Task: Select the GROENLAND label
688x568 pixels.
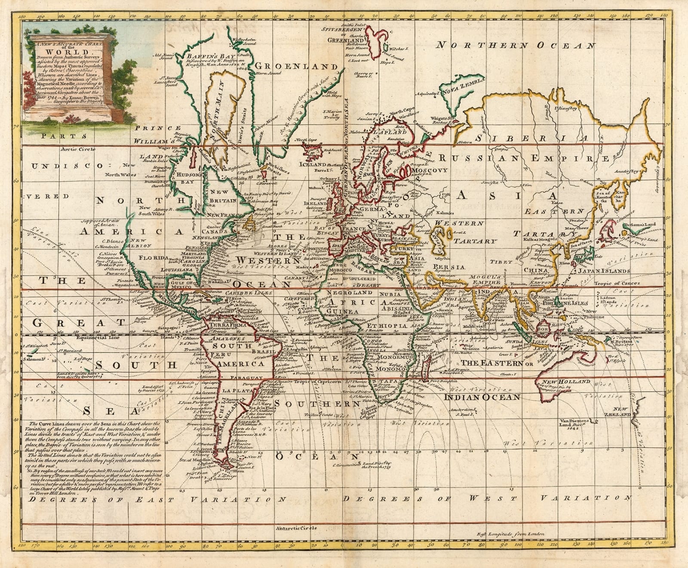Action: [297, 67]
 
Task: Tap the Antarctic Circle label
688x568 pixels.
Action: [297, 528]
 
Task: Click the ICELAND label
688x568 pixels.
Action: [312, 164]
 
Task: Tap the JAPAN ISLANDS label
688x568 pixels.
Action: [603, 271]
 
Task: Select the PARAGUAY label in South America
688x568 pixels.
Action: [246, 378]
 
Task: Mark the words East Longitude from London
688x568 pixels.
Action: [510, 534]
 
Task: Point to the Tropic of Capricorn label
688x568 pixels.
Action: [319, 382]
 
